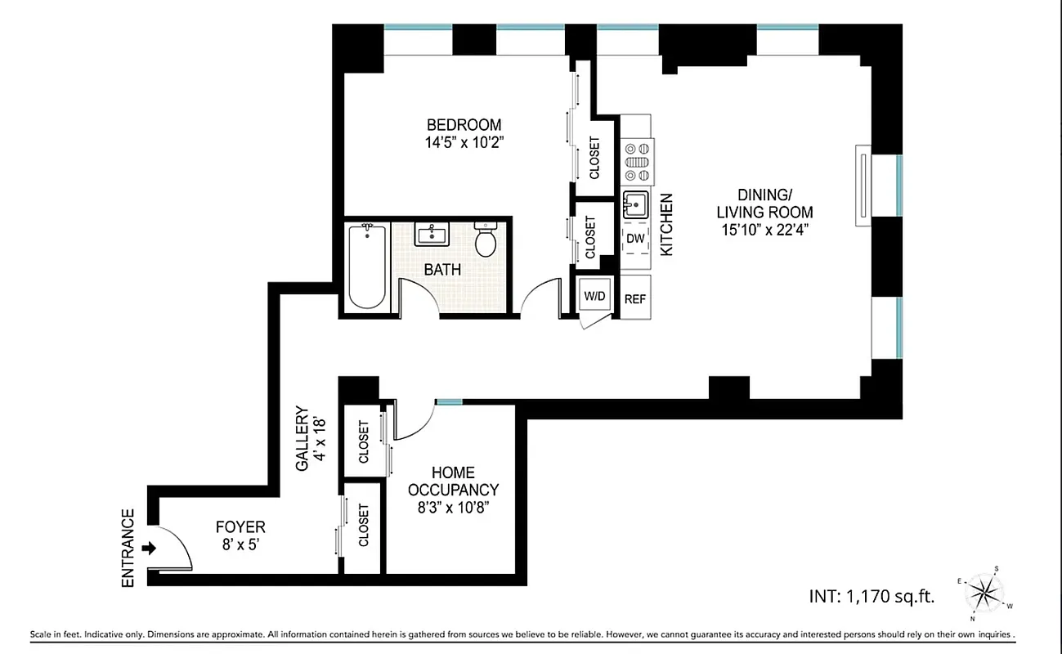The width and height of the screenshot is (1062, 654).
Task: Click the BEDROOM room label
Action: (464, 125)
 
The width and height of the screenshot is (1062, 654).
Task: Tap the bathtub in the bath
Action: (366, 267)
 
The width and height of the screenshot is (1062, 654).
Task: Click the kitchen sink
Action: (635, 203)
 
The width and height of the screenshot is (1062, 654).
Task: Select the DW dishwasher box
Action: (635, 239)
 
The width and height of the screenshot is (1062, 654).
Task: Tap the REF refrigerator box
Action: (635, 299)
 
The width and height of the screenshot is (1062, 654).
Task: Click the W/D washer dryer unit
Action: (594, 296)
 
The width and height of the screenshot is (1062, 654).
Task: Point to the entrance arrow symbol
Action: (148, 548)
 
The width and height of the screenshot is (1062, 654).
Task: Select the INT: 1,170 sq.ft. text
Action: (872, 596)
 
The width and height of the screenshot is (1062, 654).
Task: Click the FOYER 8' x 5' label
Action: (240, 535)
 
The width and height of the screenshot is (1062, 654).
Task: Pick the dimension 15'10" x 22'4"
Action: (764, 230)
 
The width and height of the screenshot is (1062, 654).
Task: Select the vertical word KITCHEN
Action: (666, 225)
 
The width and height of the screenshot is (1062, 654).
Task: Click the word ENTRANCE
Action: (128, 548)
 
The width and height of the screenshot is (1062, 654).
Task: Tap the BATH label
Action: (442, 269)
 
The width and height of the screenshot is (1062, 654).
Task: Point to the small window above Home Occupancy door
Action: (449, 401)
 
